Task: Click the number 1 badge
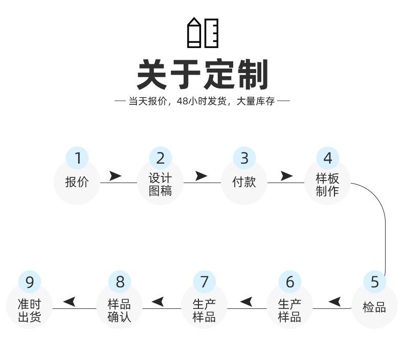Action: pyautogui.click(x=77, y=158)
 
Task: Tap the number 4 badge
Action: pyautogui.click(x=327, y=158)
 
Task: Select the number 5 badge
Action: pyautogui.click(x=375, y=282)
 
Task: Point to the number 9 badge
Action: pyautogui.click(x=30, y=282)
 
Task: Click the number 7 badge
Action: pyautogui.click(x=205, y=282)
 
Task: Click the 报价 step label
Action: pyautogui.click(x=77, y=182)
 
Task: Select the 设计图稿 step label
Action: pyautogui.click(x=160, y=185)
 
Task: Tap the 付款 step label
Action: pyautogui.click(x=244, y=182)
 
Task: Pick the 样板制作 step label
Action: pyautogui.click(x=327, y=185)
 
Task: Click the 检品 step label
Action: pyautogui.click(x=374, y=307)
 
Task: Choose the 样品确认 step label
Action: pyautogui.click(x=119, y=310)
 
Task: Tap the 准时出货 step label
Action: pyautogui.click(x=29, y=310)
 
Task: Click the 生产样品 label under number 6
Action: pyautogui.click(x=289, y=310)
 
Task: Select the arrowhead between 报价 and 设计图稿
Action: pyautogui.click(x=115, y=176)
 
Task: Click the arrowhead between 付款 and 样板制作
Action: pyautogui.click(x=286, y=176)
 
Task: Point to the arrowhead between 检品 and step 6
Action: pyautogui.click(x=334, y=302)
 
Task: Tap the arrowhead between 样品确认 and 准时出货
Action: pyautogui.click(x=70, y=302)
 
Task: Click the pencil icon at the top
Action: pyautogui.click(x=194, y=32)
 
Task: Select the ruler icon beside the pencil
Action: pyautogui.click(x=212, y=33)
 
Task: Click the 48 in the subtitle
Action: pyautogui.click(x=183, y=101)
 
